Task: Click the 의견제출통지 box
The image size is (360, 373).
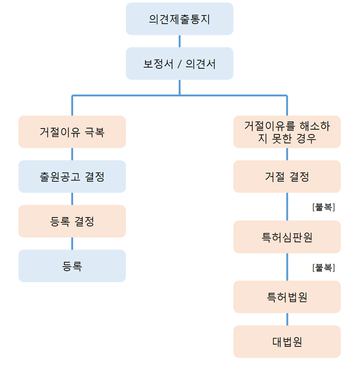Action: tap(179, 19)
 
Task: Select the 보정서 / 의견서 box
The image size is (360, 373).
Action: tap(179, 64)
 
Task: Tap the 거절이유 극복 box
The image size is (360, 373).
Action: tap(72, 132)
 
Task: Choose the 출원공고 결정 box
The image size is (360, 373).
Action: tap(72, 176)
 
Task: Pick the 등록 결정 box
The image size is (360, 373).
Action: tap(72, 221)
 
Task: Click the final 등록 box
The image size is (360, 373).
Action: tap(72, 266)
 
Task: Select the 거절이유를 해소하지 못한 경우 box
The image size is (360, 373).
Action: tap(287, 132)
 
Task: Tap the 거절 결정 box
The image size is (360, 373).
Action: tap(287, 176)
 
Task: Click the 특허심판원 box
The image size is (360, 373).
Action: tap(287, 237)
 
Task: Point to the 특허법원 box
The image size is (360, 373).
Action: tap(287, 297)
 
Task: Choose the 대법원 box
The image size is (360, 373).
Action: tap(287, 342)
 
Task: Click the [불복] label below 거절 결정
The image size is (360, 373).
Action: tap(324, 207)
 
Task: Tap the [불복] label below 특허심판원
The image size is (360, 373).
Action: tap(324, 268)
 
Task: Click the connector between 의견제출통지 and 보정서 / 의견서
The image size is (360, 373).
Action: tap(179, 41)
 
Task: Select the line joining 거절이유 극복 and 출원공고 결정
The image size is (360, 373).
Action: tap(72, 154)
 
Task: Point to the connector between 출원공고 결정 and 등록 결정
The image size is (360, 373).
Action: tap(72, 199)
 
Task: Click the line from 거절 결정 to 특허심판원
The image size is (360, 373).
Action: tap(287, 207)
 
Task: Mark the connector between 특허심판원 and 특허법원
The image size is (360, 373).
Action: tap(287, 267)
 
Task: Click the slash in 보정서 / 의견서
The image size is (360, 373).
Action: tap(179, 64)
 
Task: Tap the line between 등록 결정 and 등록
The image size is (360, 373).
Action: tap(72, 244)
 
